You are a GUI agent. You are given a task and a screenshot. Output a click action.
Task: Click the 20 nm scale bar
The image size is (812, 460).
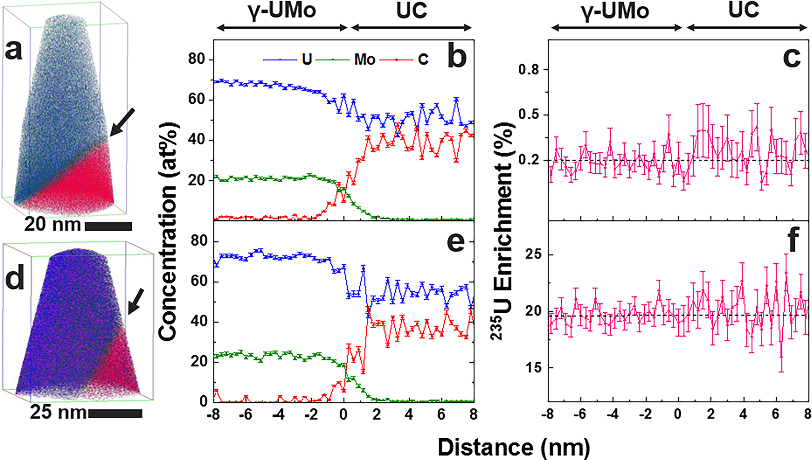point(108,226)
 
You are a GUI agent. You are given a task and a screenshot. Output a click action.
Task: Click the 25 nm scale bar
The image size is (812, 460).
point(116,413)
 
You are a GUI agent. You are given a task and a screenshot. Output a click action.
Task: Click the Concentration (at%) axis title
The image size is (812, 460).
point(168,232)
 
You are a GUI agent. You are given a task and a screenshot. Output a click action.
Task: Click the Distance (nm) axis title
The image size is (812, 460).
point(513,447)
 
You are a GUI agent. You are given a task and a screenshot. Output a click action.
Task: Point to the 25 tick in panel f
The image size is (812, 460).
point(532,255)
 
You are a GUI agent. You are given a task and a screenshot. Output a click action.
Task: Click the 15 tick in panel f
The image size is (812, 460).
point(532,368)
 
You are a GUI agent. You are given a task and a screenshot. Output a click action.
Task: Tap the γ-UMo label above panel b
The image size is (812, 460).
point(282,11)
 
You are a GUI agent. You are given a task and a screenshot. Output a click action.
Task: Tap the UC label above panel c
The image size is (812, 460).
point(743,10)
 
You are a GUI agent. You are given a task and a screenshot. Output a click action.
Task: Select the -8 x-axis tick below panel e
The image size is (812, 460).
point(214,414)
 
